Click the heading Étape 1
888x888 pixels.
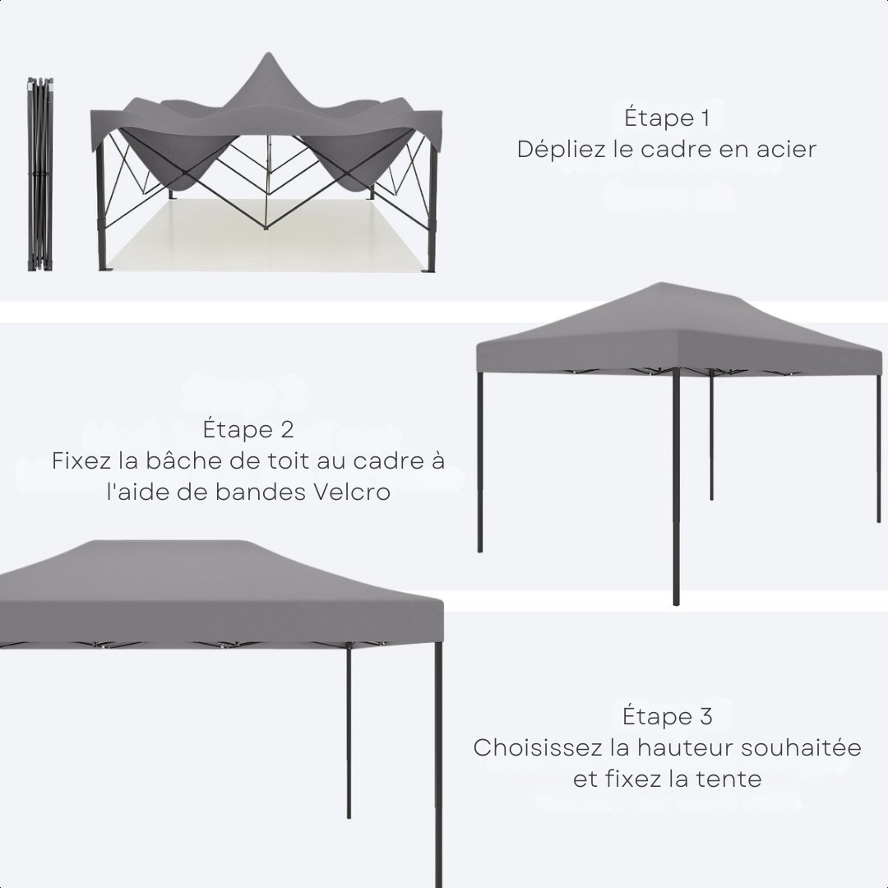[x=667, y=118]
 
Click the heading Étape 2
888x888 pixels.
[x=248, y=430]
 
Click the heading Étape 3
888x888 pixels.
[x=667, y=716]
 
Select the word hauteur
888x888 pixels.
[x=687, y=748]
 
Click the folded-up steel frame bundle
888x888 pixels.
[x=39, y=174]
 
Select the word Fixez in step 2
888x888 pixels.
[x=82, y=461]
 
